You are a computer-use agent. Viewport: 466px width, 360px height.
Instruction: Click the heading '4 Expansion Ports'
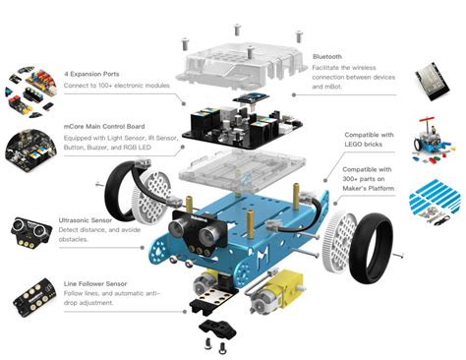97,73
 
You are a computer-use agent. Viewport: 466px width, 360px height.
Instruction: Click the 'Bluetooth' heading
328,58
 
